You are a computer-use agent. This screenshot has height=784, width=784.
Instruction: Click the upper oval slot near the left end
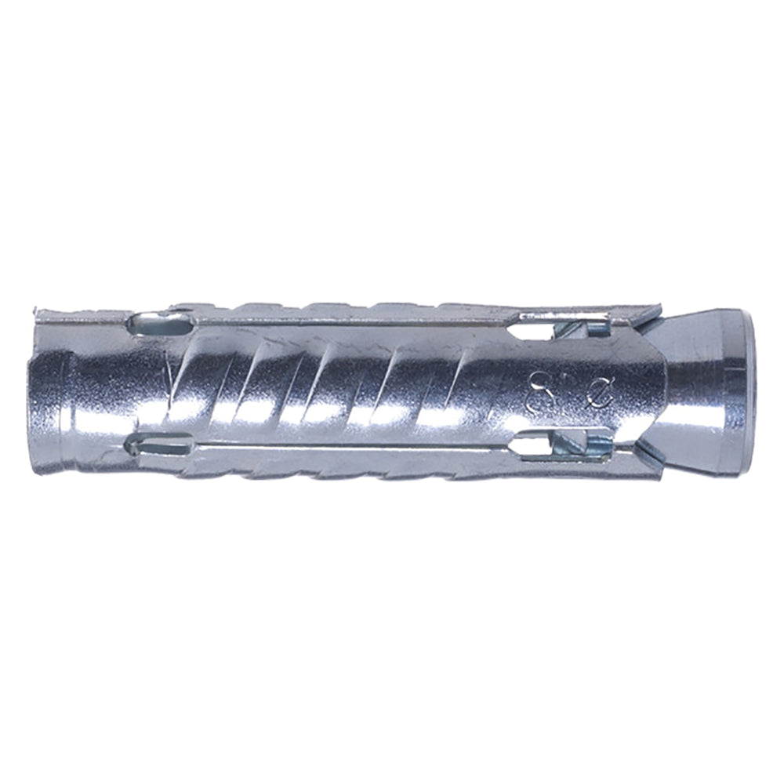[161, 322]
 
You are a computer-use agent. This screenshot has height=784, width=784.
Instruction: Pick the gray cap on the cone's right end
[753, 384]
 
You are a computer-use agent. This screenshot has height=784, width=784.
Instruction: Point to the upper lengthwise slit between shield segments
[353, 321]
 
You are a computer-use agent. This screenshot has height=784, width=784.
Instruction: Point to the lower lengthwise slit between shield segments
[353, 448]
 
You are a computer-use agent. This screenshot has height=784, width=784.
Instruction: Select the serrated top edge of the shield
[392, 307]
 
